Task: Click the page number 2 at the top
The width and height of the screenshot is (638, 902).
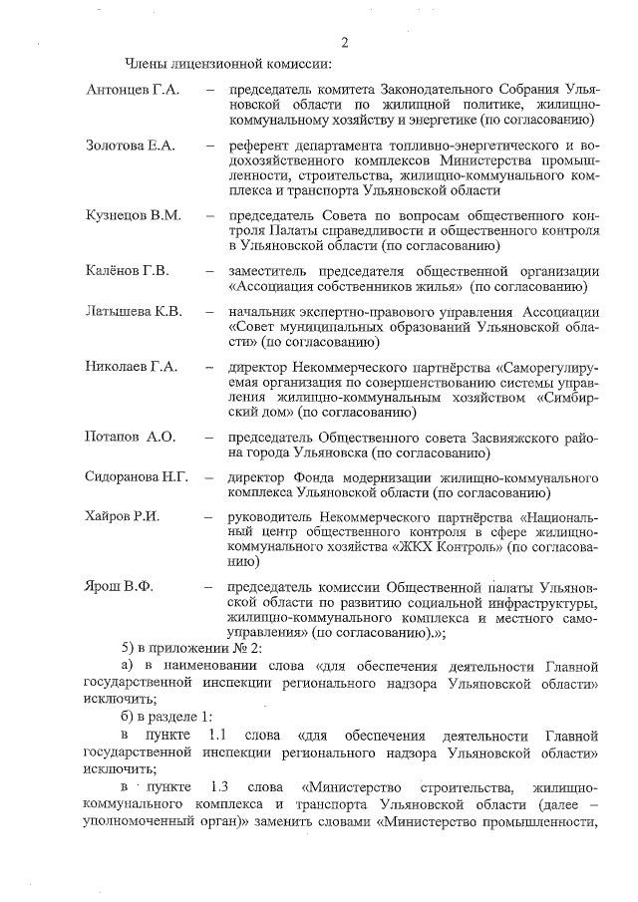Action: (x=344, y=42)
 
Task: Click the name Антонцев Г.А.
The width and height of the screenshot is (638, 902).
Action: (x=133, y=91)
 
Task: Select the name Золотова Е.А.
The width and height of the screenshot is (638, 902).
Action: (x=131, y=147)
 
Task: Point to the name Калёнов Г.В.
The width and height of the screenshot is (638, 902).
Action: (x=128, y=271)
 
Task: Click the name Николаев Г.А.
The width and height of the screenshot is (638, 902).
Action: (x=132, y=367)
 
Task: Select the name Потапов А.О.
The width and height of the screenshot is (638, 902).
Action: (x=131, y=437)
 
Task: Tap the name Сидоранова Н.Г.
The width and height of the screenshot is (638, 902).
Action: (x=137, y=477)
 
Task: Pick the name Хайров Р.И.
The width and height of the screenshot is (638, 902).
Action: (x=124, y=518)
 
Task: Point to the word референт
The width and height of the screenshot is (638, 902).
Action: (x=259, y=147)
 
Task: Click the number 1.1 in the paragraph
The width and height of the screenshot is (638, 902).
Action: (x=216, y=735)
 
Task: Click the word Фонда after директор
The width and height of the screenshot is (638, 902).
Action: (x=315, y=477)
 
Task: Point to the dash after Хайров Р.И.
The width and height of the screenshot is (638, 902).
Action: (x=209, y=518)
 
